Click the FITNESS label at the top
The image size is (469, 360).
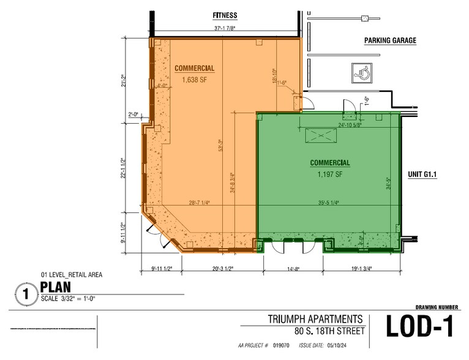coord(225,15)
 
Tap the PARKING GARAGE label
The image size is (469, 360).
coord(390,41)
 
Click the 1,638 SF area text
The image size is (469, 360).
coord(195,79)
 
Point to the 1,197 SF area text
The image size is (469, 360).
coord(330,174)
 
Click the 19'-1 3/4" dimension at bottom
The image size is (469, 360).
coord(358,268)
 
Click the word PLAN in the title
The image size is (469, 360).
coord(56,287)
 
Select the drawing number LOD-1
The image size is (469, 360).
coord(419,327)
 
